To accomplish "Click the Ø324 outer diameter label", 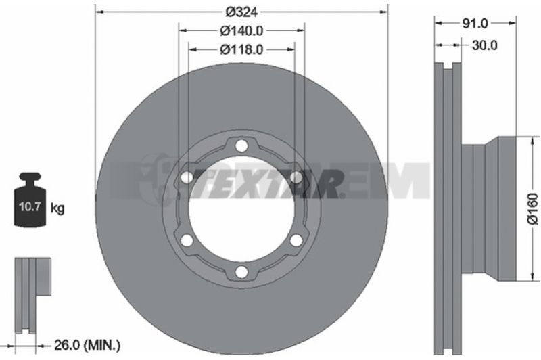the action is tap(241, 12).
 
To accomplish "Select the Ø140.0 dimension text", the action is tap(241, 31).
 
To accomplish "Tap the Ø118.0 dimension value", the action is tap(241, 49).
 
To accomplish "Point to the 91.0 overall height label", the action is tap(475, 24).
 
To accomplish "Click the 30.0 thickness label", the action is tap(484, 45).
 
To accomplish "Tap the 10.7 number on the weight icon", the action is tap(30, 207).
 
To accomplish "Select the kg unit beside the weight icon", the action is tap(57, 208).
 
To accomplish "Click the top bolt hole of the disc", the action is tap(241, 145).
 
